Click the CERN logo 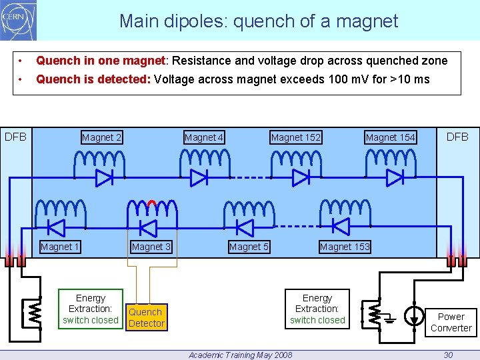[18, 20]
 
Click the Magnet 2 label [101, 138]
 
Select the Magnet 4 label [204, 138]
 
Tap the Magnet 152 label [296, 138]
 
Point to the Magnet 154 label [390, 138]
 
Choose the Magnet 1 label [60, 247]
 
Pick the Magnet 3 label [151, 247]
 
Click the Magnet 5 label [249, 247]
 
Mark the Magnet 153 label [345, 247]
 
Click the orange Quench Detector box [146, 317]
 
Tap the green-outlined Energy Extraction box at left [91, 309]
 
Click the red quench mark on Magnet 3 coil [151, 203]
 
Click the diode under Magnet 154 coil [395, 178]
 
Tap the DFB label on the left [16, 137]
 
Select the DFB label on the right [457, 137]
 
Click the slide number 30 [449, 355]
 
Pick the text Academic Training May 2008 [240, 355]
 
